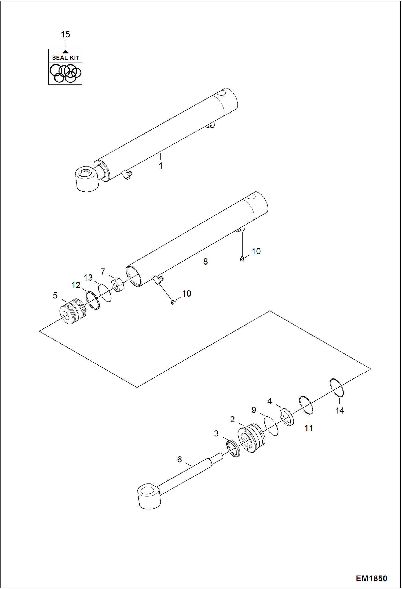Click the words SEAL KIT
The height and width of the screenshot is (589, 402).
(x=65, y=58)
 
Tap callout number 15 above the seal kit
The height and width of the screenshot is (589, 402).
(x=65, y=34)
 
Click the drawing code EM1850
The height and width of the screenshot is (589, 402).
(x=371, y=578)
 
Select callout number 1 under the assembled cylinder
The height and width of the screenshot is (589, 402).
(x=160, y=166)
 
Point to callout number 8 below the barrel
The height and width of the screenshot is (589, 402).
(x=206, y=261)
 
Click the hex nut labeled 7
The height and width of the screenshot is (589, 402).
(x=118, y=285)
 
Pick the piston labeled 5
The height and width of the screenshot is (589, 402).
(x=72, y=312)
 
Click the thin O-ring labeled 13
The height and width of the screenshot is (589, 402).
(x=105, y=293)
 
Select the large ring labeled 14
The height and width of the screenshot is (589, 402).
(x=337, y=388)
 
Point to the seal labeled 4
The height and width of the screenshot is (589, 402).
(x=287, y=417)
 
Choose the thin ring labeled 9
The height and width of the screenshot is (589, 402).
(x=271, y=426)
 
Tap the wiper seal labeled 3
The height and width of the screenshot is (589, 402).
(x=233, y=449)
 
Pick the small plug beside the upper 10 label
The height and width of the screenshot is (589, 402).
(x=242, y=259)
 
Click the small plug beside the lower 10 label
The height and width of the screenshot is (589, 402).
(x=173, y=302)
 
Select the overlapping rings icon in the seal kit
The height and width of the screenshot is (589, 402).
(x=65, y=73)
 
